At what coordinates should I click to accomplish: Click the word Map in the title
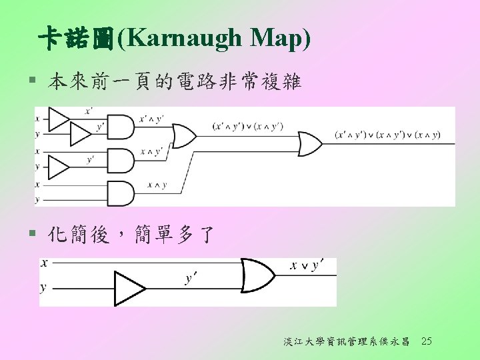click(275, 39)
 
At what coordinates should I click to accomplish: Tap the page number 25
click(427, 342)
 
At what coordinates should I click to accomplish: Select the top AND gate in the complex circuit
click(121, 127)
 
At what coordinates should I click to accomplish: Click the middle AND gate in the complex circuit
click(121, 160)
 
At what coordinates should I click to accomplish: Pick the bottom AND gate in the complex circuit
click(121, 193)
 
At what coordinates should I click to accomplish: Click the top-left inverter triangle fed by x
click(60, 119)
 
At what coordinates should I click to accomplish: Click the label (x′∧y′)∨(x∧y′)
click(246, 126)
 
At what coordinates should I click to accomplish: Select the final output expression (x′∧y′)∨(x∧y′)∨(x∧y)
click(387, 135)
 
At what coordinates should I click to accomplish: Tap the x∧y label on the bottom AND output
click(157, 185)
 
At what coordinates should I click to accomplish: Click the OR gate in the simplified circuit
click(256, 275)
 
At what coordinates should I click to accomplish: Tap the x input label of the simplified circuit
click(44, 263)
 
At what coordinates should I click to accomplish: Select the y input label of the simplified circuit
click(44, 288)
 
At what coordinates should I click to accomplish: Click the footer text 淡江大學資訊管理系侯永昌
click(346, 342)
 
